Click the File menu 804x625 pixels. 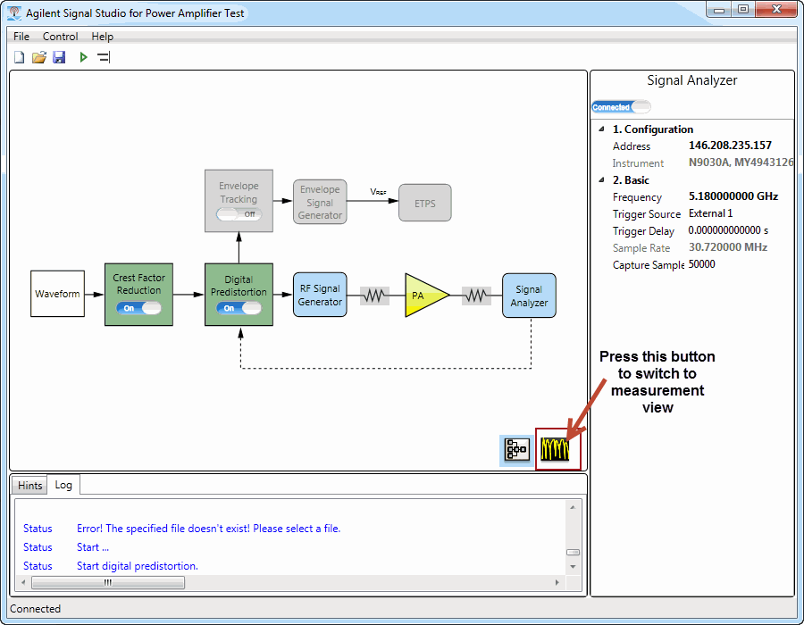pyautogui.click(x=21, y=37)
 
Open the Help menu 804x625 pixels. pyautogui.click(x=102, y=37)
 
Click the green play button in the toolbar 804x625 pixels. pyautogui.click(x=83, y=57)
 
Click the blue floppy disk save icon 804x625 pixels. pyautogui.click(x=60, y=57)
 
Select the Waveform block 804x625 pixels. pyautogui.click(x=57, y=294)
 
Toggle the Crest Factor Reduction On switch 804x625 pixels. pyautogui.click(x=138, y=308)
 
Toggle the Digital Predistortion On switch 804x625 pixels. pyautogui.click(x=239, y=308)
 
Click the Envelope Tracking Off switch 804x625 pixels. pyautogui.click(x=239, y=214)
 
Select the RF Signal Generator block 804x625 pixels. pyautogui.click(x=320, y=295)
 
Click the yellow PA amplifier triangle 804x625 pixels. pyautogui.click(x=423, y=295)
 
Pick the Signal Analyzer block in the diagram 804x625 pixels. pyautogui.click(x=529, y=296)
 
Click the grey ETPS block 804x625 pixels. pyautogui.click(x=425, y=203)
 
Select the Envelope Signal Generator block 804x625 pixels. pyautogui.click(x=320, y=202)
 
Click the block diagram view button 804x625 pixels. pyautogui.click(x=516, y=450)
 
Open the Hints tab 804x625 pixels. pyautogui.click(x=29, y=485)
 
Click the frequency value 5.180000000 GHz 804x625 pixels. pyautogui.click(x=733, y=196)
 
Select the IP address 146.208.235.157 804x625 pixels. pyautogui.click(x=730, y=146)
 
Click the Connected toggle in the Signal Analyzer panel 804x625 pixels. pyautogui.click(x=621, y=107)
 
